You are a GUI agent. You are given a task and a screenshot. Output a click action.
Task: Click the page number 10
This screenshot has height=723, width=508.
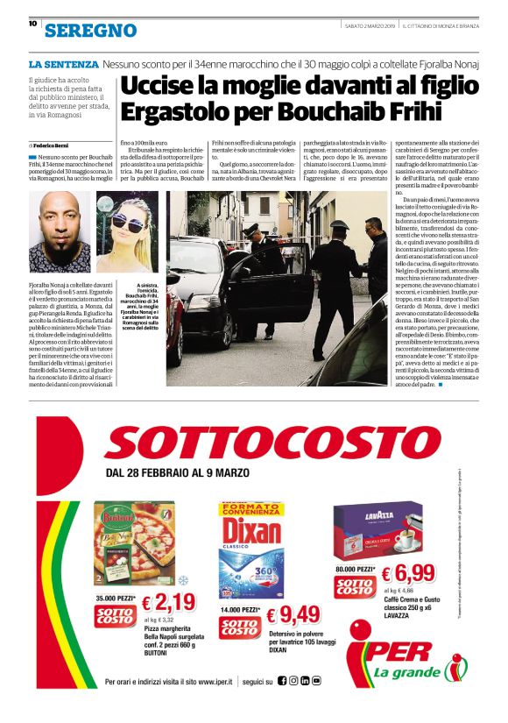(x=32, y=24)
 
